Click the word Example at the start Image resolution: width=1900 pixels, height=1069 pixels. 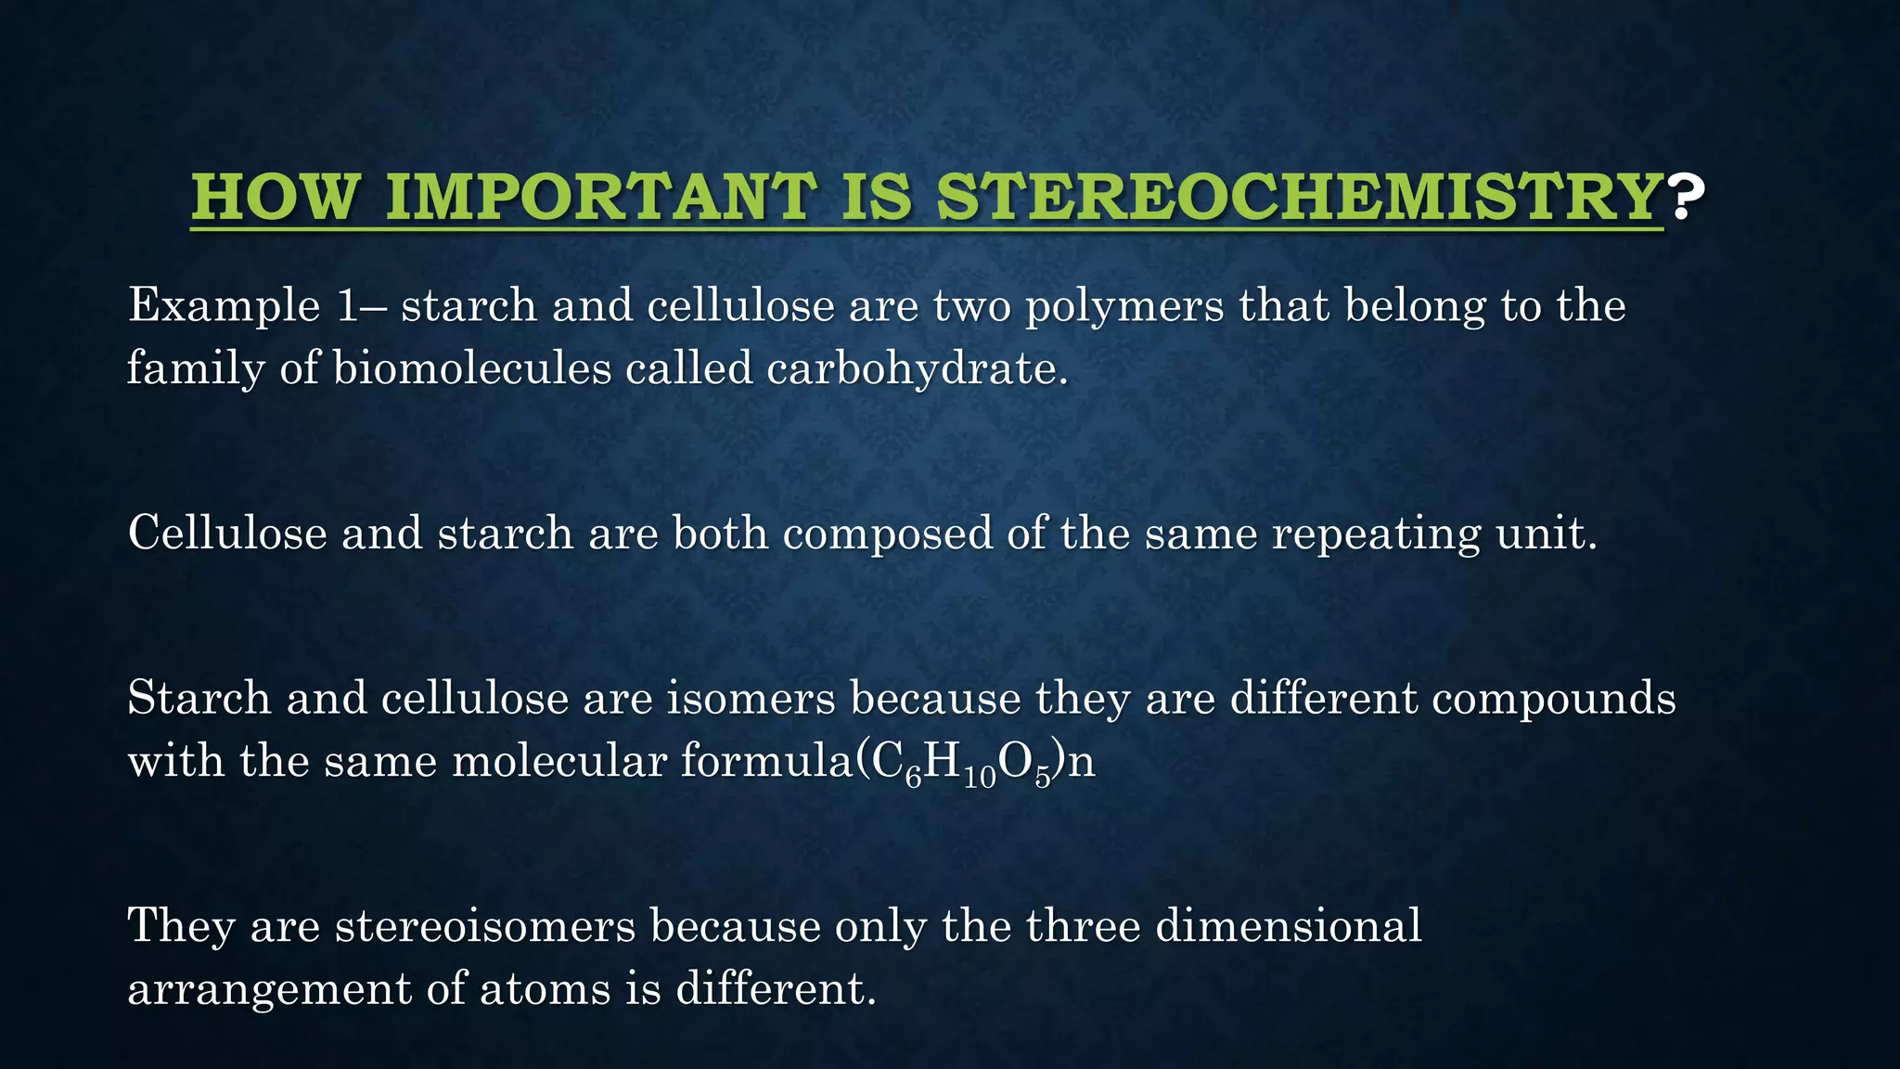[x=224, y=306]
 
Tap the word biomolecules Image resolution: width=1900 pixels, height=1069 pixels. [x=471, y=368]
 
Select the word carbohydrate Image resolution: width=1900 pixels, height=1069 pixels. [x=917, y=368]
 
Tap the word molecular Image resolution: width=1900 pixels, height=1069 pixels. [x=559, y=762]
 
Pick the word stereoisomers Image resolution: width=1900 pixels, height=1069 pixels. [x=485, y=926]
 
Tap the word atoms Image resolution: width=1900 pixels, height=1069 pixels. [x=545, y=989]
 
